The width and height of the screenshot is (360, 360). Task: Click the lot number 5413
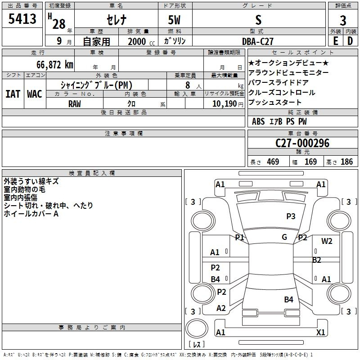22,19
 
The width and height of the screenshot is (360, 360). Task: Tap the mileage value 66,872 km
55,65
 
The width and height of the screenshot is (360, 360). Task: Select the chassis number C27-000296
302,143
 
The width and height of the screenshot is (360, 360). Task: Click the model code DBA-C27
258,41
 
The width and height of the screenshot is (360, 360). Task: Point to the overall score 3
343,21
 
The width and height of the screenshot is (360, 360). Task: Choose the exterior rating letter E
336,41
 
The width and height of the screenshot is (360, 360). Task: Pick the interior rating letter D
350,41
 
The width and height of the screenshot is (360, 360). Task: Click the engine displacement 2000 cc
141,41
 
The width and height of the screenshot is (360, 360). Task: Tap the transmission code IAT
13,94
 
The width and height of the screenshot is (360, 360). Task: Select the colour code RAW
75,104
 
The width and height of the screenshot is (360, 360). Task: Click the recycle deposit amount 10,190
225,104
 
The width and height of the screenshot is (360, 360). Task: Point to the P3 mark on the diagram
291,216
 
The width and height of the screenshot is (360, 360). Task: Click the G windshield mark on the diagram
284,237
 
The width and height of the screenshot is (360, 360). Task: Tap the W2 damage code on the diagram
327,241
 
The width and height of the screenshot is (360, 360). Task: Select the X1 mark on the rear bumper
320,332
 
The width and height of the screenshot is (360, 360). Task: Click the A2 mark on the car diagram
221,308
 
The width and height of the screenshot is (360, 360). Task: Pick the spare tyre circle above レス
197,328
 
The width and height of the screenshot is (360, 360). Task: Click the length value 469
273,162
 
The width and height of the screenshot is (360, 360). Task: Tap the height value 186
346,162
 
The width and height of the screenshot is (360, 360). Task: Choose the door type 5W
174,20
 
